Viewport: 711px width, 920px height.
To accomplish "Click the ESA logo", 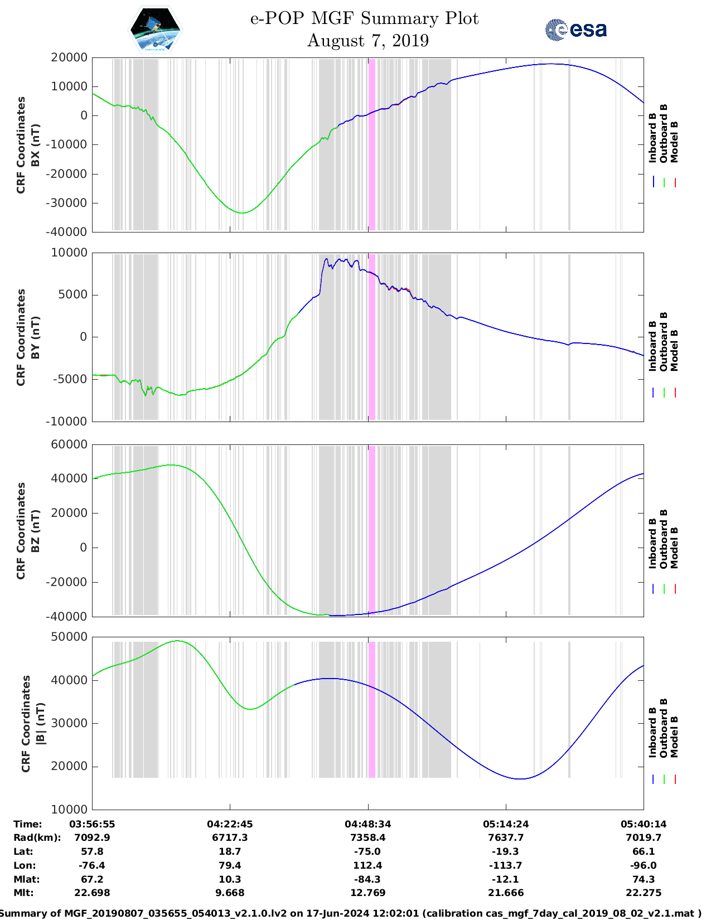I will click(x=575, y=30).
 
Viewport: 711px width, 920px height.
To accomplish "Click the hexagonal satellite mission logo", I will click(x=156, y=30).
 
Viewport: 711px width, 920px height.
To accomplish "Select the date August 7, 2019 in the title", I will click(x=367, y=41).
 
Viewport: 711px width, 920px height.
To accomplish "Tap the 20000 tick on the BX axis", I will click(x=69, y=57).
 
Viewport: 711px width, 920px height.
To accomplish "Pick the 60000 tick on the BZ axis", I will click(x=69, y=444).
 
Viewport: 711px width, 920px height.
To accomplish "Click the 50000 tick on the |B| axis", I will click(x=69, y=637).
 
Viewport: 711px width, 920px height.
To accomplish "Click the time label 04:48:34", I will click(x=367, y=824).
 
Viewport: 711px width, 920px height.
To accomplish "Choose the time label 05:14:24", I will click(x=506, y=824).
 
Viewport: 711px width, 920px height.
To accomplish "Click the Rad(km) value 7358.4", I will click(x=367, y=837).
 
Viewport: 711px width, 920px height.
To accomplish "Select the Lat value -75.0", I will click(x=367, y=851).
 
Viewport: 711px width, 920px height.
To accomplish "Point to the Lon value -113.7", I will click(x=506, y=865).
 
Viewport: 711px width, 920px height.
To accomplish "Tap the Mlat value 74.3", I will click(x=644, y=879).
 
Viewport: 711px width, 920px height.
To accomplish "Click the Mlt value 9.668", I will click(x=230, y=893).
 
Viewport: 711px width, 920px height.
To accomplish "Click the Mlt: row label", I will click(x=23, y=893).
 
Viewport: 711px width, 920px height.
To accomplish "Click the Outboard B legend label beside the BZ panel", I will click(x=664, y=539).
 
